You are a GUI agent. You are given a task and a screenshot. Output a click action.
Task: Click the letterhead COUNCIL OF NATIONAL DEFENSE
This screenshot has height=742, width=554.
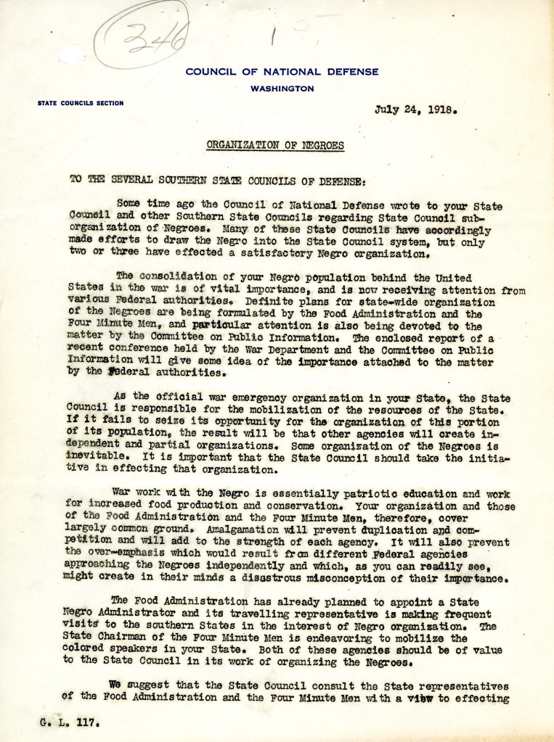pos(282,71)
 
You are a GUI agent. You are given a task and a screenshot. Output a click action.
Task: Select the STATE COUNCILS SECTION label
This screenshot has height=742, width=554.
pos(80,104)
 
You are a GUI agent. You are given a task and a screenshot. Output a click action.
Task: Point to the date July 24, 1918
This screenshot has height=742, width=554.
pos(415,112)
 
